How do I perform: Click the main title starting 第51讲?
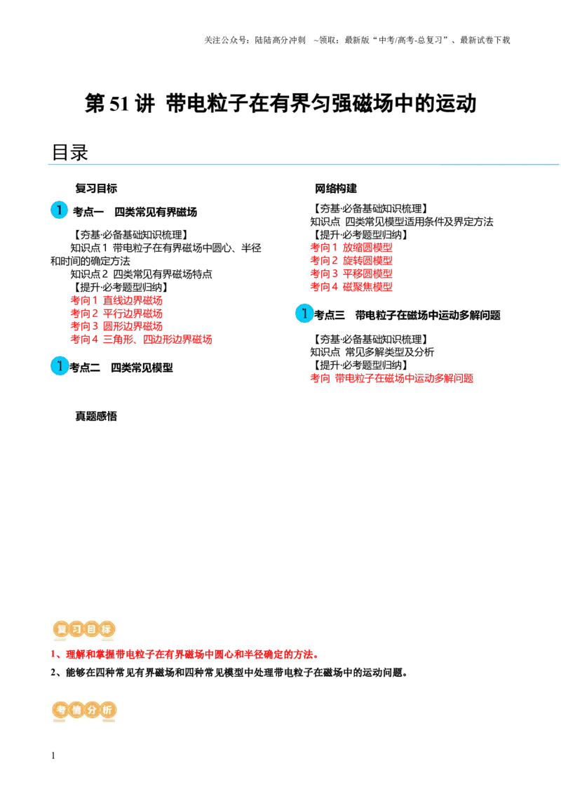280,104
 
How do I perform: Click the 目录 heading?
70,152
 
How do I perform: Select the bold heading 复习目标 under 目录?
96,189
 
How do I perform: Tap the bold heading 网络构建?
336,189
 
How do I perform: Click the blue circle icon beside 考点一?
59,210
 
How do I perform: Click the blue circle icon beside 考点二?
59,365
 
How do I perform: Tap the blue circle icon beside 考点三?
304,314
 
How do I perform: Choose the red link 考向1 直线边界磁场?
116,300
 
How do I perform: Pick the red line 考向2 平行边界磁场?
116,314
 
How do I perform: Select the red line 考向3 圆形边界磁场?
116,326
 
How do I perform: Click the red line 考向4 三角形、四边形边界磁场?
141,339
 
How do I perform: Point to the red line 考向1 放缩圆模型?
351,248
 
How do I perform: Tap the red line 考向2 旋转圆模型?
351,261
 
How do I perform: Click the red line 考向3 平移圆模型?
351,274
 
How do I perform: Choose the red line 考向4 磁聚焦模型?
351,287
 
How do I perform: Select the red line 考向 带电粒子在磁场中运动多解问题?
392,378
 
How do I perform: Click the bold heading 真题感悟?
96,416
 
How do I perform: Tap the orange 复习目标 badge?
84,629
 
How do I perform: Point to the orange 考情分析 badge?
84,710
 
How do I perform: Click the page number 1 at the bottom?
53,755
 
